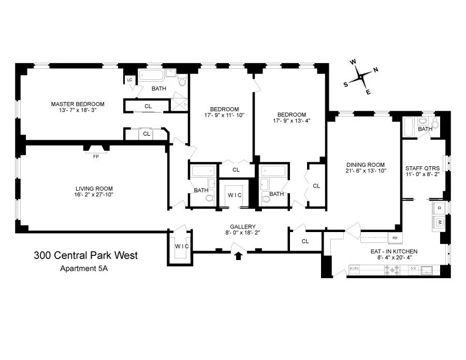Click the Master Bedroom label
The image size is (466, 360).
(x=78, y=104)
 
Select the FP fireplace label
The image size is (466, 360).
(x=96, y=156)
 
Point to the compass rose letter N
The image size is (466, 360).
(x=375, y=70)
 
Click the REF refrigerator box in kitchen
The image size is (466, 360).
(x=395, y=239)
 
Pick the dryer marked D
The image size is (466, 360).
(x=439, y=208)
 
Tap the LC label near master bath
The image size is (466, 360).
(x=129, y=80)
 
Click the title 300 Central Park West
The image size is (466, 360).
(x=86, y=255)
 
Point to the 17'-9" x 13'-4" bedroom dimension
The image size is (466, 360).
(x=292, y=121)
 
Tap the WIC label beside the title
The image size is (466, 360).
(x=181, y=245)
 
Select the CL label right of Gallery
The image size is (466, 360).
(x=305, y=241)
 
